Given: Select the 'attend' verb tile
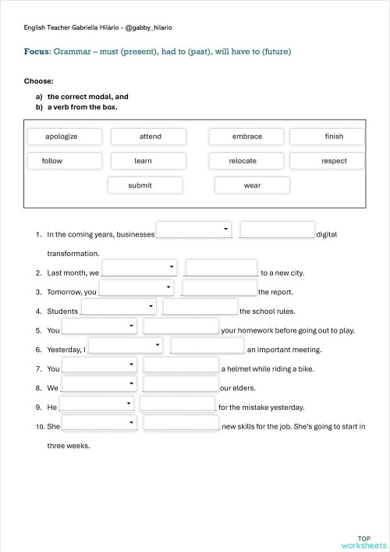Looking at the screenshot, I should click(150, 137).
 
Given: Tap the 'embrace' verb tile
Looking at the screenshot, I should click(246, 137).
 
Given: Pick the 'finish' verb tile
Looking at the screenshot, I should click(333, 137).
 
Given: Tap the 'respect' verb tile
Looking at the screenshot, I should click(334, 161).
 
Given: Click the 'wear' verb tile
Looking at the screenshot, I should click(252, 185).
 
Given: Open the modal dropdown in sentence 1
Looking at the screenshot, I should click(194, 230).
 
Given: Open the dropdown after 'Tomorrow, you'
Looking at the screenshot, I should click(136, 287).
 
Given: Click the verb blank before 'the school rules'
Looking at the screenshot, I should click(200, 307).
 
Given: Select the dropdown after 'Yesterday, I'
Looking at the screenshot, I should click(126, 345).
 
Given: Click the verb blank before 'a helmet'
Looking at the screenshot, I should click(181, 365).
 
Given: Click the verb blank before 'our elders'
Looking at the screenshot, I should click(181, 383).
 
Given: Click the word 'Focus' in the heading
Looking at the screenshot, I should click(37, 52).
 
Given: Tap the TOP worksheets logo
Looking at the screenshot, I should click(363, 541).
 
